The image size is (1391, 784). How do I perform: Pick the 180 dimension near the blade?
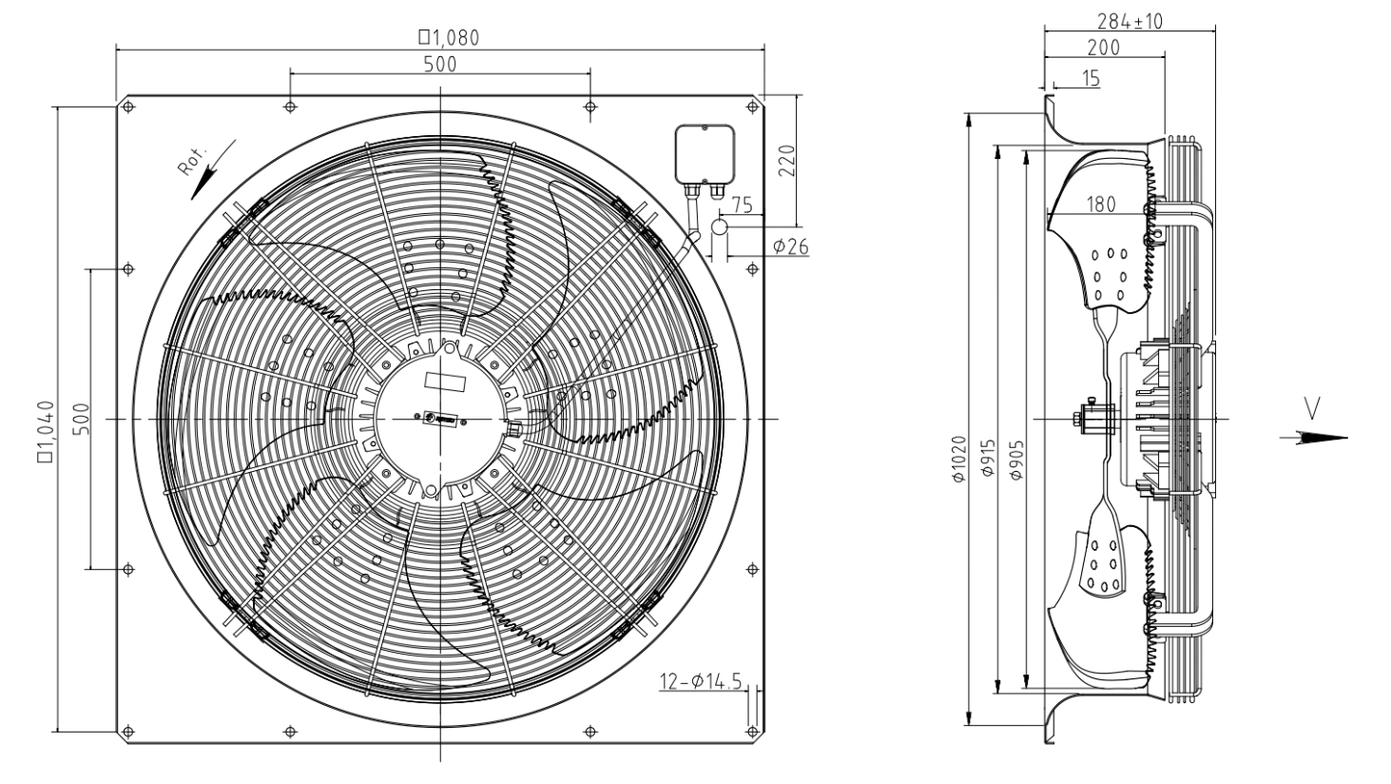click(x=1100, y=204)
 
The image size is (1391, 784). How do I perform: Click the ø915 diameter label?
click(x=988, y=460)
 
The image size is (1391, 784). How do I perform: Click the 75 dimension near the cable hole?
click(x=743, y=206)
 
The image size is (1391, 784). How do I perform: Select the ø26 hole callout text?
click(x=790, y=246)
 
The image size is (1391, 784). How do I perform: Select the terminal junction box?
click(x=703, y=153)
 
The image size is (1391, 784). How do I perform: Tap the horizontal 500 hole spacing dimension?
click(x=440, y=64)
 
